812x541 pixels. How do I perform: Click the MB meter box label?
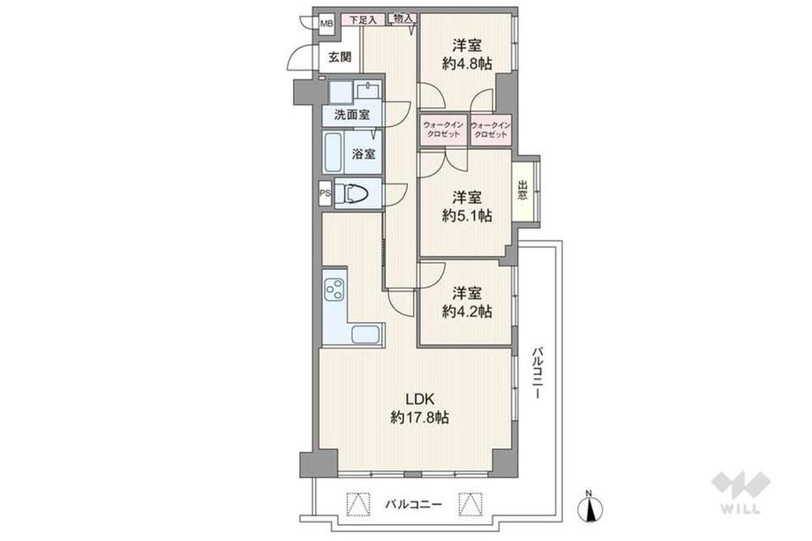pyautogui.click(x=326, y=24)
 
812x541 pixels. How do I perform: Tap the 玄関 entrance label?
pyautogui.click(x=340, y=58)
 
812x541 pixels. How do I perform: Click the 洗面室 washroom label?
pyautogui.click(x=351, y=115)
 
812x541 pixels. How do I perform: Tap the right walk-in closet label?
pyautogui.click(x=491, y=131)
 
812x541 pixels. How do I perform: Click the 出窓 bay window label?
pyautogui.click(x=523, y=190)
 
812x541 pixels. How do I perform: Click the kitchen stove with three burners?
pyautogui.click(x=335, y=289)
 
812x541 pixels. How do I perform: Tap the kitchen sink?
pyautogui.click(x=366, y=334)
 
